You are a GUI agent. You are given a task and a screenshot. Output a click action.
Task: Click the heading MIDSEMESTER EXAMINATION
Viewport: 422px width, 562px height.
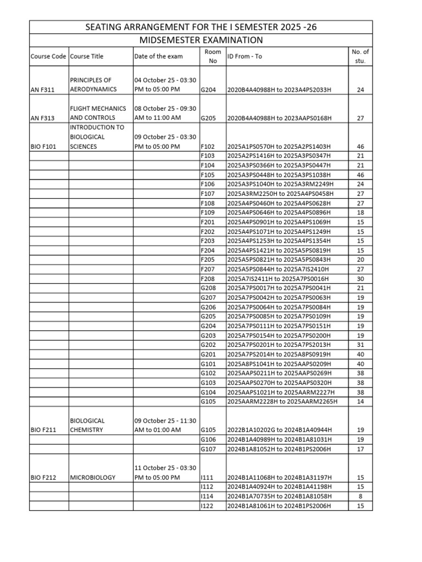click(200, 40)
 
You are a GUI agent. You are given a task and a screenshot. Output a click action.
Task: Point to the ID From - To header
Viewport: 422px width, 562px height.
click(248, 57)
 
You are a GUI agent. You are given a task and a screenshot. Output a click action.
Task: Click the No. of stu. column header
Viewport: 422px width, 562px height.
click(360, 56)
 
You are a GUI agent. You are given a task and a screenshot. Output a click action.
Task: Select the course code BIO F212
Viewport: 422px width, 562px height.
click(45, 477)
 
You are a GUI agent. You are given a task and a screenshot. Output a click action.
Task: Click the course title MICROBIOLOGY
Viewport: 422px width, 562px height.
click(92, 477)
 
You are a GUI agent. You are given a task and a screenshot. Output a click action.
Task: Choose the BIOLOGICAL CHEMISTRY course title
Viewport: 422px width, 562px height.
click(87, 425)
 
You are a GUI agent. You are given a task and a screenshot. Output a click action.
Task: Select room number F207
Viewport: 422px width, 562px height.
click(208, 269)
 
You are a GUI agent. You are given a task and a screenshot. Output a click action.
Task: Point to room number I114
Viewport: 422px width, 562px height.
click(207, 496)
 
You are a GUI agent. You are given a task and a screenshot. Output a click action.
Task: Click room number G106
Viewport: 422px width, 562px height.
click(209, 440)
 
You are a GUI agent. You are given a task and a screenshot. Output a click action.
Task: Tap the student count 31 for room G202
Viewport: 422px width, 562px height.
click(360, 345)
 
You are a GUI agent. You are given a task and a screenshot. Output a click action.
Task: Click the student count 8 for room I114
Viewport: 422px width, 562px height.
click(360, 496)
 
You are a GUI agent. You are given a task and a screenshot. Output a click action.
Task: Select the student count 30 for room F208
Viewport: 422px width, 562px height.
click(360, 279)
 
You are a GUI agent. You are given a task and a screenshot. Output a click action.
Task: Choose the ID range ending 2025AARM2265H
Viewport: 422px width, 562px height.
click(282, 402)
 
